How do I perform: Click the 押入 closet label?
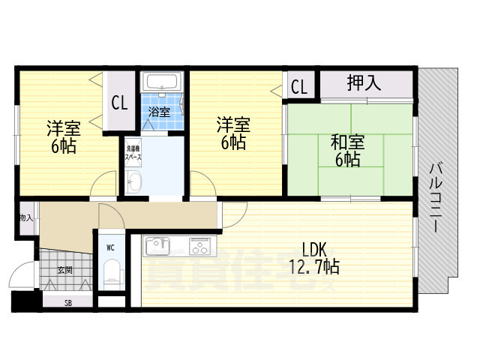364,83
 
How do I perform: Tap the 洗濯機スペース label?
133,154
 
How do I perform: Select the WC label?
109,247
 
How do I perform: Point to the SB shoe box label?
67,303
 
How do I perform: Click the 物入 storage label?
25,217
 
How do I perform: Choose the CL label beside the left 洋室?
119,103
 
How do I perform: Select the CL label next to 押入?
298,86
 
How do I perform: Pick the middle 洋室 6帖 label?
232,133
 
